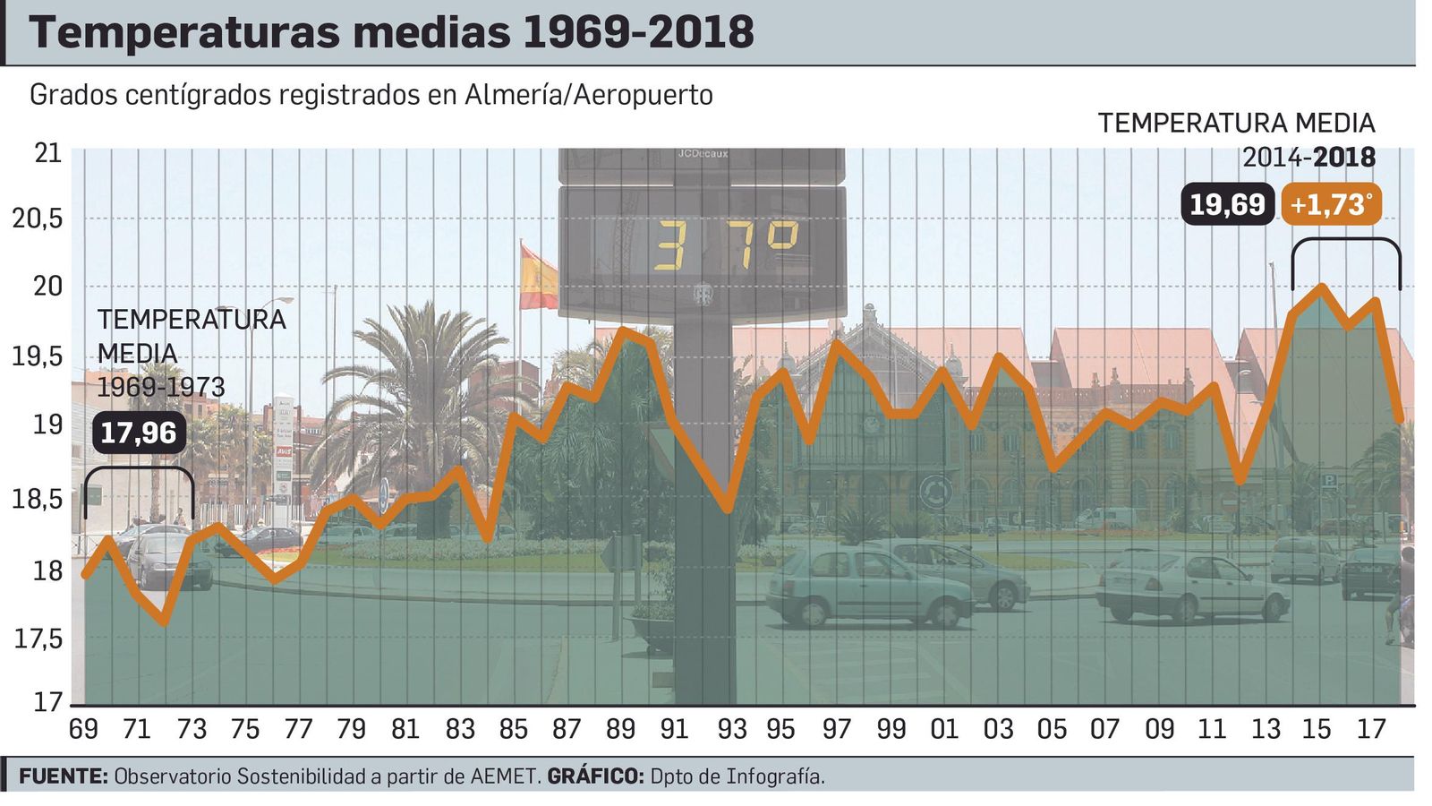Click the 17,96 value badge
pos(139,433)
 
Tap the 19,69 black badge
pos(1227,205)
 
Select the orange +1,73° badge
pos(1331,205)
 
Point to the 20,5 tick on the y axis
pos(38,218)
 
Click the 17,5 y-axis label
pos(38,639)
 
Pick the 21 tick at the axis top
pos(48,153)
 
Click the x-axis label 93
pos(731,730)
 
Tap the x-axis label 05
pos(1052,730)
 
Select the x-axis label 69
pos(83,730)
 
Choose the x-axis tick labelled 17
pos(1371,730)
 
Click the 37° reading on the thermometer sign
pos(725,245)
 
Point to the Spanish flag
pos(538,278)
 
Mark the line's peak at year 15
pos(1320,287)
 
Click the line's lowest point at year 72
pos(164,622)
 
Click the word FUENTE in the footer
pos(64,776)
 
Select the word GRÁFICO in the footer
pos(595,776)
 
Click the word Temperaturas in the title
pos(183,33)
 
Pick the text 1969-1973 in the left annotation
pos(161,388)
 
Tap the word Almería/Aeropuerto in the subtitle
pos(588,95)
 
